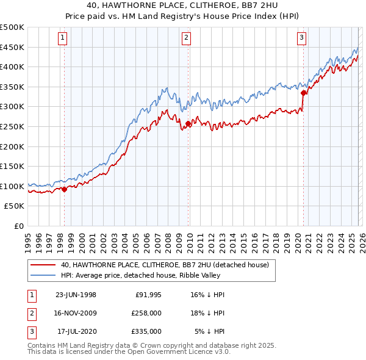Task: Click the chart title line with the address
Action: pyautogui.click(x=182, y=5)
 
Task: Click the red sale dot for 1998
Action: pyautogui.click(x=64, y=189)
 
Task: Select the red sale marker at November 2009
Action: pyautogui.click(x=188, y=124)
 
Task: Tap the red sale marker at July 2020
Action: pyautogui.click(x=303, y=93)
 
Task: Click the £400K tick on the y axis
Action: pyautogui.click(x=12, y=67)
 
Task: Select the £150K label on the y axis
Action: pyautogui.click(x=12, y=166)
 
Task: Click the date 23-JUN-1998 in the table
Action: pyautogui.click(x=76, y=295)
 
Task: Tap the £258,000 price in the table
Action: pyautogui.click(x=147, y=313)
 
